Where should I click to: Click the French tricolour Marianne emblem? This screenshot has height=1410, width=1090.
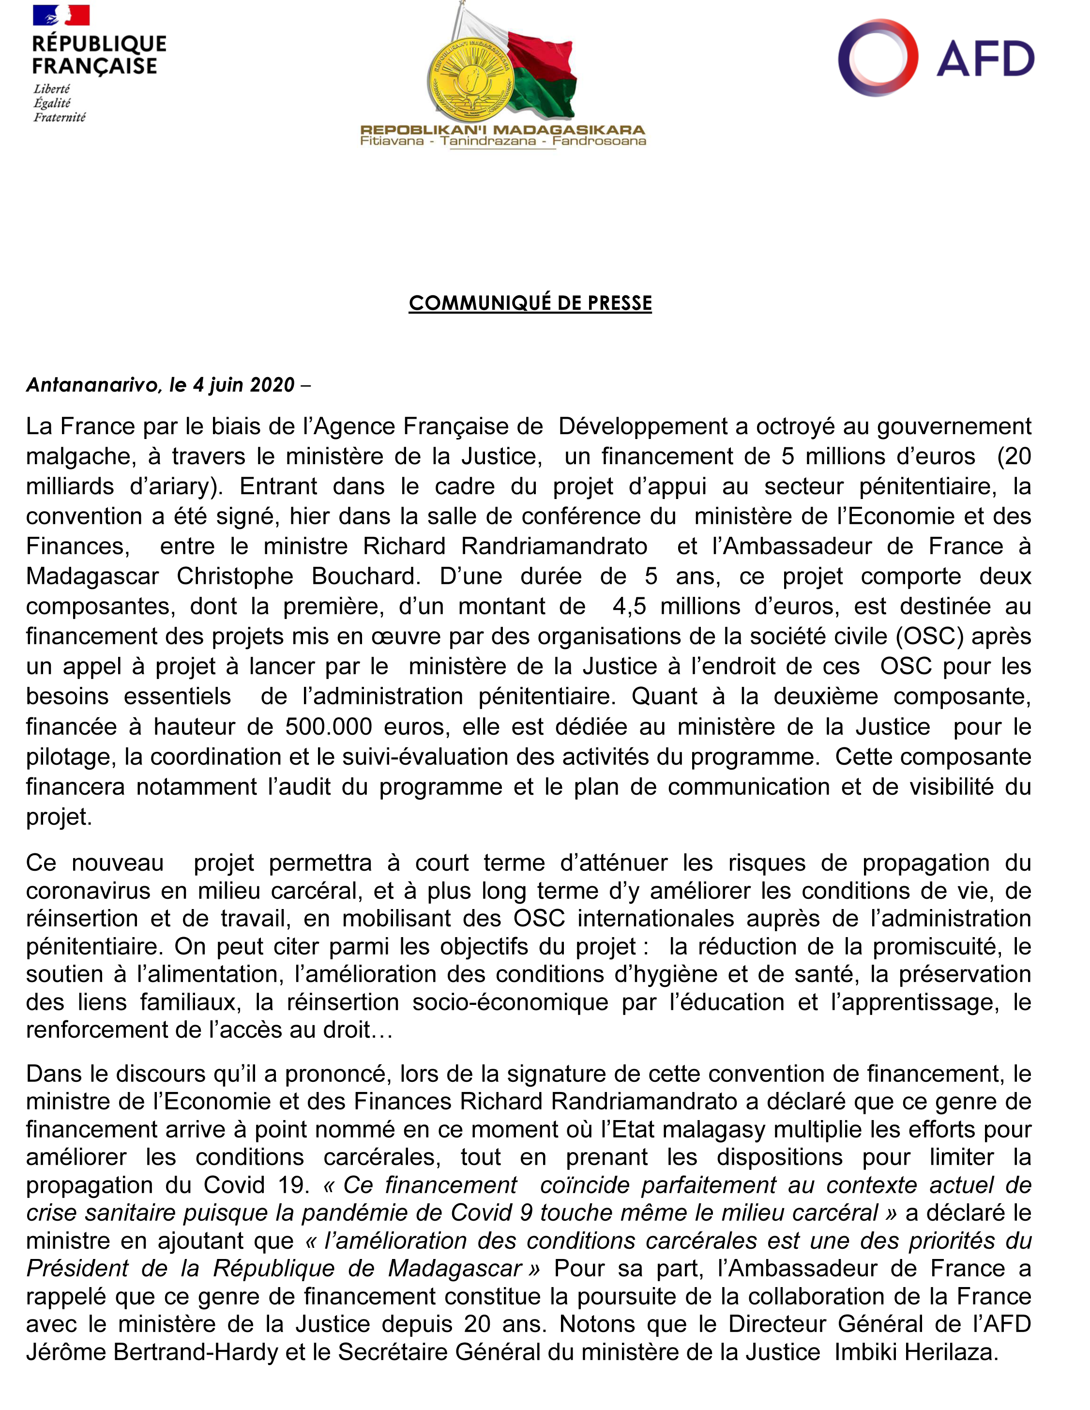(x=61, y=15)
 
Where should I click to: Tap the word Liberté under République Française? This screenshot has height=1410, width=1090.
(x=52, y=89)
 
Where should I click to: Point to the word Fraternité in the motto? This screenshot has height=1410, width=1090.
(x=60, y=118)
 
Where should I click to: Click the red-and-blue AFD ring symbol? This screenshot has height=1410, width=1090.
(x=878, y=58)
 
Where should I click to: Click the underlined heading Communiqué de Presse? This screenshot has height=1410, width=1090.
(x=530, y=303)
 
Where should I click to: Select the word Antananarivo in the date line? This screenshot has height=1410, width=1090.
(x=94, y=385)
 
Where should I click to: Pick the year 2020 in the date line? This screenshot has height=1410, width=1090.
(x=272, y=385)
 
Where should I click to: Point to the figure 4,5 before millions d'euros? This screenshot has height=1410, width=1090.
(x=628, y=606)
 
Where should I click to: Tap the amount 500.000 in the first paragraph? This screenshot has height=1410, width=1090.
(x=329, y=727)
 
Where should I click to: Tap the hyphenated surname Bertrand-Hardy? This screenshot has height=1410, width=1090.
(x=196, y=1351)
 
